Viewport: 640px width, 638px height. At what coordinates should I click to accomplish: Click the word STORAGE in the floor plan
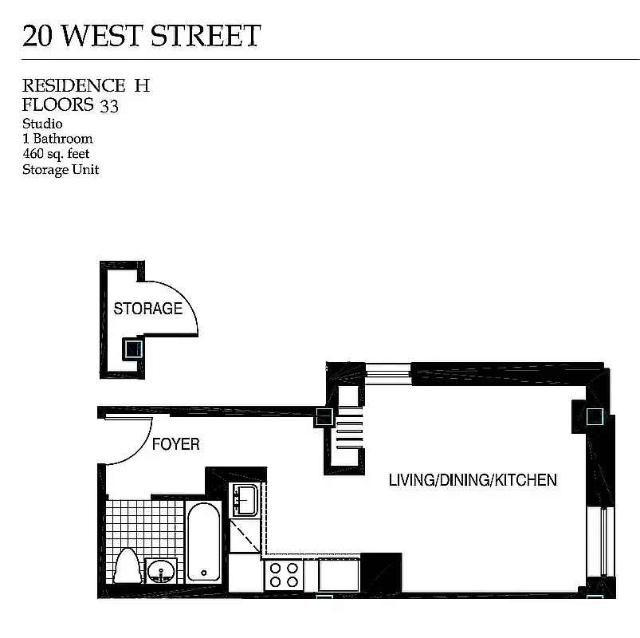click(x=148, y=309)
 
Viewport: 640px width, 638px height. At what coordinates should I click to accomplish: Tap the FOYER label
click(x=175, y=444)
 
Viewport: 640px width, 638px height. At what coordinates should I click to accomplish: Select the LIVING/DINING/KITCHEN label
click(x=473, y=480)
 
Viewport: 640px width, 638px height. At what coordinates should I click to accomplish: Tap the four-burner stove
click(x=283, y=575)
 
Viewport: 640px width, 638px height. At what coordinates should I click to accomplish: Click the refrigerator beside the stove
click(x=339, y=575)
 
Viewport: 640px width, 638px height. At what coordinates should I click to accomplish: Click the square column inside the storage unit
click(x=132, y=349)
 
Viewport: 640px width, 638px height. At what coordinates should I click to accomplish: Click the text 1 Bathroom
click(x=57, y=139)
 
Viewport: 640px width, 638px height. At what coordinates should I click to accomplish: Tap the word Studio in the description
click(x=42, y=124)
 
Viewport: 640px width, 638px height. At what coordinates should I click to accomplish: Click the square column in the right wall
click(x=595, y=416)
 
